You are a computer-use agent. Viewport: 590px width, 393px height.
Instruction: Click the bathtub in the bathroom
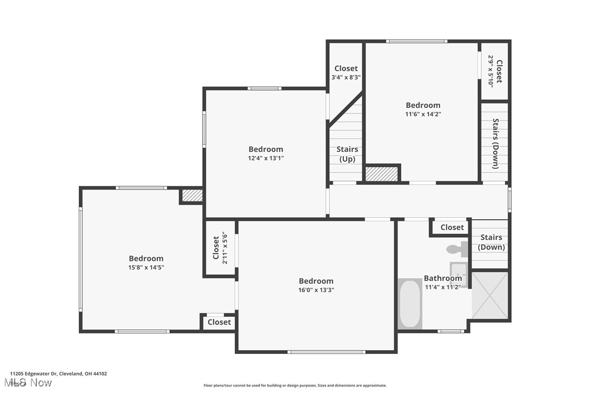(410, 303)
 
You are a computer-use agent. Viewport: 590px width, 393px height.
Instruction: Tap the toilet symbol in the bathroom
(456, 249)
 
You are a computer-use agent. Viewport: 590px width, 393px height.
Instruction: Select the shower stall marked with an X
(489, 296)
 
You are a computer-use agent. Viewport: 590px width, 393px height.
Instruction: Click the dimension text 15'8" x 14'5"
(146, 268)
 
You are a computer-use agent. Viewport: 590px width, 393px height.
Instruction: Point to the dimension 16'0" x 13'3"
(316, 290)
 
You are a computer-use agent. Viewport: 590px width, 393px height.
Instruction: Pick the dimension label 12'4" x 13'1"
(266, 159)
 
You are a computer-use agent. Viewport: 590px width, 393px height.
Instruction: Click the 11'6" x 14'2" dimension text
(423, 115)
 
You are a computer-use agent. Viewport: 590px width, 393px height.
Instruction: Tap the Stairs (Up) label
(347, 154)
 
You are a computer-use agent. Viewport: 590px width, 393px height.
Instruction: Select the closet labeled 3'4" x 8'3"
(346, 77)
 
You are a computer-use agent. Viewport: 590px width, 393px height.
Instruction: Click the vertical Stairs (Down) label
(495, 143)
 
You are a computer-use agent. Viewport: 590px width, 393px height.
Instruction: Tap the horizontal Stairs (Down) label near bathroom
(491, 242)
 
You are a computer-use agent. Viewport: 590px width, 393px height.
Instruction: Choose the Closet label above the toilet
(452, 227)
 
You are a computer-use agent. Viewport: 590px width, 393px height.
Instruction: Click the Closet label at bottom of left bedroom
(219, 322)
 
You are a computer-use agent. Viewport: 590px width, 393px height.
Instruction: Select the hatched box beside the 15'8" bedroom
(192, 195)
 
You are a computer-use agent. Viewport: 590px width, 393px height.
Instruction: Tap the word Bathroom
(443, 278)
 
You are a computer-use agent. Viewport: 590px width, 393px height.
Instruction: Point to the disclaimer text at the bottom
(295, 385)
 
